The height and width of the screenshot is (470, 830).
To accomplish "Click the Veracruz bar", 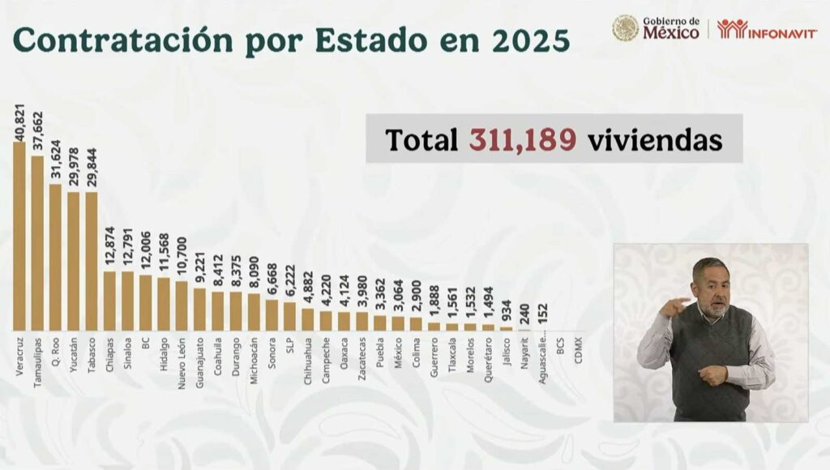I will click(x=19, y=236).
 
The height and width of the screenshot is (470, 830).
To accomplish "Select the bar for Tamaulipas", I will click(x=37, y=242).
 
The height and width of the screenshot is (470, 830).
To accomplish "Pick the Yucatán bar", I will click(x=74, y=261).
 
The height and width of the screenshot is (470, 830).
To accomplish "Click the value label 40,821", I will click(x=19, y=122).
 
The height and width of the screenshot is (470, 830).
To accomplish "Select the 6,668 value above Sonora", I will click(x=272, y=280).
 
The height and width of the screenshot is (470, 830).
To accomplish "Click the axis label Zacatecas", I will click(x=362, y=357).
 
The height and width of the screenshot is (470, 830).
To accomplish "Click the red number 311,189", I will click(x=523, y=139).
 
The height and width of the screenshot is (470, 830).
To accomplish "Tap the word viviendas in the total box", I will click(x=654, y=139).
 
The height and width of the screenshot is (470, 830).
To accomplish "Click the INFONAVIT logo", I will click(x=767, y=29).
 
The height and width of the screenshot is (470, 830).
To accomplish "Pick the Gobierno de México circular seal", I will click(x=625, y=28).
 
